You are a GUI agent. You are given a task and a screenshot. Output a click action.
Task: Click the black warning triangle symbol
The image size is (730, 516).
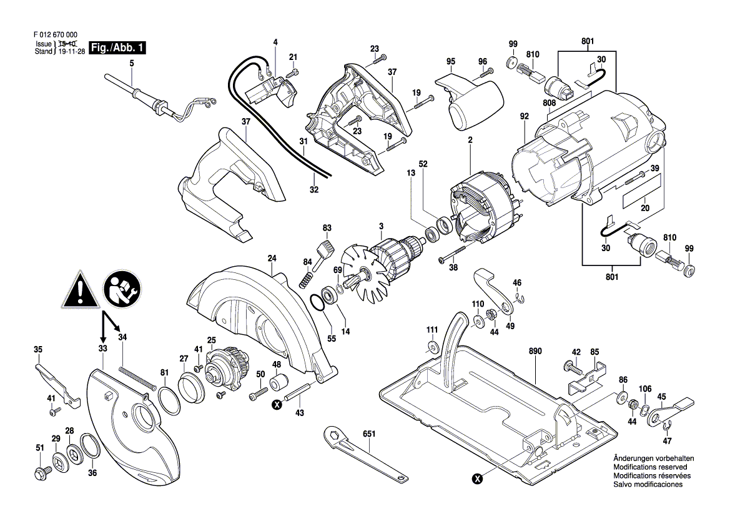pyautogui.click(x=80, y=289)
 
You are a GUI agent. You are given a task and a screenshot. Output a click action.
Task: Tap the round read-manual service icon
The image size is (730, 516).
pyautogui.click(x=124, y=290)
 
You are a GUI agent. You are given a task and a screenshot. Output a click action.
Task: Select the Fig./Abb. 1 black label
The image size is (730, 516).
pyautogui.click(x=117, y=47)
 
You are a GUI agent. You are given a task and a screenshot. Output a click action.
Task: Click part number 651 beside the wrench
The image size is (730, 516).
pyautogui.click(x=368, y=434)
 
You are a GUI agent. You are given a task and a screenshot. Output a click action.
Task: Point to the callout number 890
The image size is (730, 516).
pyautogui.click(x=535, y=351)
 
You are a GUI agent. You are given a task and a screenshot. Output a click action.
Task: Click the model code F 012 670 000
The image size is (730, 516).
pyautogui.click(x=56, y=34)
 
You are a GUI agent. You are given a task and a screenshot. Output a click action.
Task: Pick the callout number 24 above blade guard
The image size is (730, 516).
pyautogui.click(x=272, y=258)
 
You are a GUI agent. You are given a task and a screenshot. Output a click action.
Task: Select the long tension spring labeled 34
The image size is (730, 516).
pyautogui.click(x=136, y=376)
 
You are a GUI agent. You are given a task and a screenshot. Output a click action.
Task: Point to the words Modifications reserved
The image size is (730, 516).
pyautogui.click(x=650, y=467)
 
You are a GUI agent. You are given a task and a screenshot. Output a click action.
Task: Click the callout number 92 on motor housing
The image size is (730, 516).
pyautogui.click(x=525, y=116)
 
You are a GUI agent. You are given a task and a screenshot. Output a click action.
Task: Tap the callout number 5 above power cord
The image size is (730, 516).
pyautogui.click(x=132, y=63)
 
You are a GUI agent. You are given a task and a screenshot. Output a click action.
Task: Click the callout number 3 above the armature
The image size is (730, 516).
pyautogui.click(x=382, y=226)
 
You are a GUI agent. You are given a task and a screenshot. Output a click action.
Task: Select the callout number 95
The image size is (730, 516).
pyautogui.click(x=451, y=61)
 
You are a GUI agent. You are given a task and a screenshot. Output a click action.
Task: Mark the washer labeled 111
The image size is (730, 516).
pyautogui.click(x=433, y=346)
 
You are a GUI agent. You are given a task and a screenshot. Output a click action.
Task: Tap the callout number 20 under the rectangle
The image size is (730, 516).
pyautogui.click(x=645, y=208)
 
